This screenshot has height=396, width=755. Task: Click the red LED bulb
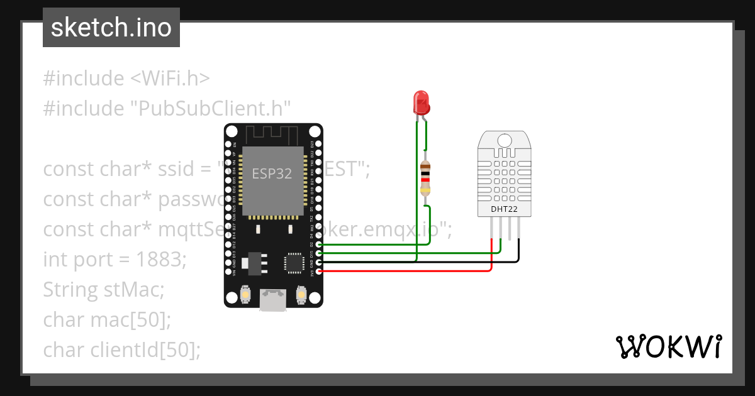(420, 102)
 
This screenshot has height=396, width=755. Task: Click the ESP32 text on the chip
(272, 174)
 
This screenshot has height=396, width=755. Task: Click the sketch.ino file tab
(111, 28)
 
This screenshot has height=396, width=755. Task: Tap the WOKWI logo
(668, 346)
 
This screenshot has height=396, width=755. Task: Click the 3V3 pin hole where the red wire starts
(320, 272)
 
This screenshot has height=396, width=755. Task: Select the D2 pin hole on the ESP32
(320, 245)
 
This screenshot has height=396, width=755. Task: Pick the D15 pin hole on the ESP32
(320, 253)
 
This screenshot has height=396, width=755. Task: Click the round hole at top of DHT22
(505, 140)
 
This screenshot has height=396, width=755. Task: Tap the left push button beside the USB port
(246, 294)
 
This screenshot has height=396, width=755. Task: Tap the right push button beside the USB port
(301, 294)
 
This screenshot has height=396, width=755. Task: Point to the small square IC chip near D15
(294, 263)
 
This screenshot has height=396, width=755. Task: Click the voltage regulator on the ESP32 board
(255, 263)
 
